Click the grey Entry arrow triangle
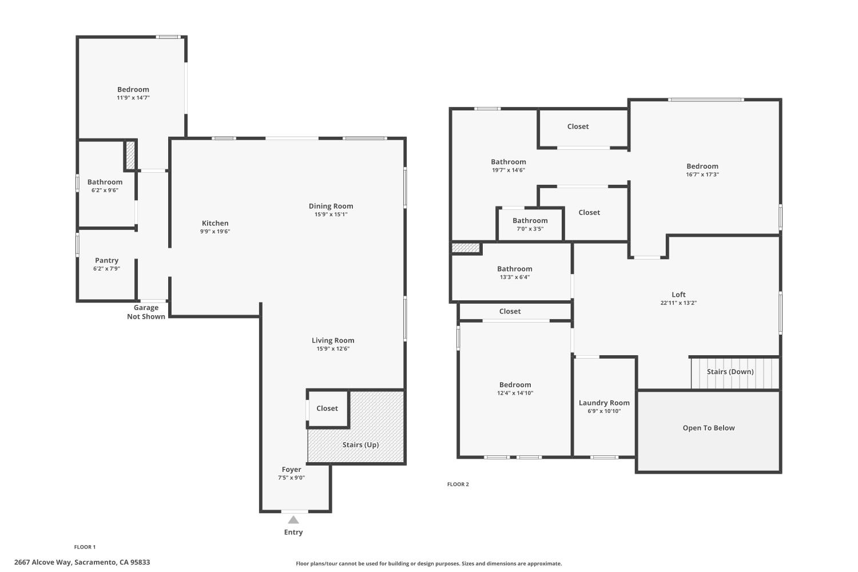pos(293,520)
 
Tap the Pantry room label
pos(106,260)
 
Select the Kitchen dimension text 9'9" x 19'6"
pos(215,232)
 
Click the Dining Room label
pos(331,206)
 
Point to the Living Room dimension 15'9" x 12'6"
pos(333,349)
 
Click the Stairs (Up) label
pos(360,445)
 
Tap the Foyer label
pos(292,469)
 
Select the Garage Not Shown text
pos(146,312)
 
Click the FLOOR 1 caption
pos(85,547)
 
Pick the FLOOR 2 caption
pos(458,484)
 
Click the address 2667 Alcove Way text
pos(43,562)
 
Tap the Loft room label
pos(678,295)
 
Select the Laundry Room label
pos(604,403)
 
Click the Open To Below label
pos(709,428)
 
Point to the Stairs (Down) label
pos(730,372)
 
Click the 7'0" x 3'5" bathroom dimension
pos(530,229)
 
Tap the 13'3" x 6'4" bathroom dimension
pos(514,277)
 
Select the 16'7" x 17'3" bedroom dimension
pos(702,174)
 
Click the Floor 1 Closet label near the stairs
pos(327,408)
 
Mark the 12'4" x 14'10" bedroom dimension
pos(515,393)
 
